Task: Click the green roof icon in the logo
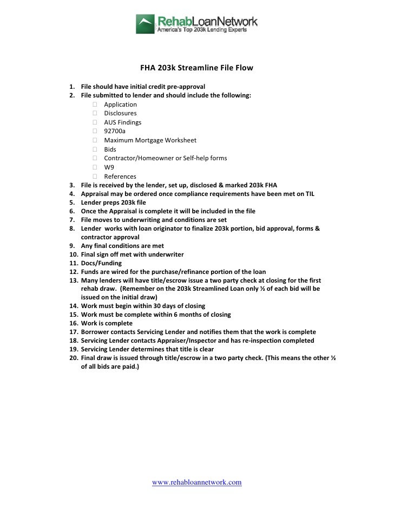click(x=145, y=24)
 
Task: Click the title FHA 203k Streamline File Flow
click(x=197, y=69)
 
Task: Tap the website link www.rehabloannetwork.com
click(x=196, y=482)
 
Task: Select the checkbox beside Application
click(x=95, y=104)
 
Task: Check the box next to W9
click(x=95, y=167)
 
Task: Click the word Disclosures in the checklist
click(x=120, y=113)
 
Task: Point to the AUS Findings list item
click(x=123, y=122)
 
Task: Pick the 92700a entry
click(x=116, y=131)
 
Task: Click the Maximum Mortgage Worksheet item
click(x=150, y=140)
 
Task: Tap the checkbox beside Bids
click(x=95, y=149)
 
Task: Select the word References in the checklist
click(x=120, y=176)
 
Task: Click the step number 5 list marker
click(x=72, y=202)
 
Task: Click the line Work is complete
click(x=107, y=323)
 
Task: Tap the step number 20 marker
click(x=74, y=358)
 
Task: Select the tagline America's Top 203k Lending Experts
click(x=201, y=31)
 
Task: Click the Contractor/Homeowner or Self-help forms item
click(x=166, y=158)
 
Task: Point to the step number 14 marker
click(x=74, y=306)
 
